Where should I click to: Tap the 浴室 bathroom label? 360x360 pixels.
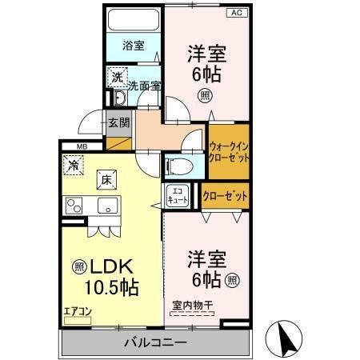[x=134, y=46]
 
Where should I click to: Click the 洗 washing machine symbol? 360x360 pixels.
[x=117, y=77]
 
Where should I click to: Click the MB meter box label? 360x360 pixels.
[x=82, y=146]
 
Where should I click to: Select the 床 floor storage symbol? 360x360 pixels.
[x=106, y=179]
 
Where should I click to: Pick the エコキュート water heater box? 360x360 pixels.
[x=177, y=196]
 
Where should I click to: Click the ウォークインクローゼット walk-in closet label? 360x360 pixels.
[x=228, y=152]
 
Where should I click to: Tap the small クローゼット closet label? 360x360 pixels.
[x=225, y=195]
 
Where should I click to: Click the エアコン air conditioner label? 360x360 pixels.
[x=78, y=310]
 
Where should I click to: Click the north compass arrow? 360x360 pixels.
[x=286, y=339]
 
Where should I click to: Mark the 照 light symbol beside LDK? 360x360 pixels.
[x=78, y=266]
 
